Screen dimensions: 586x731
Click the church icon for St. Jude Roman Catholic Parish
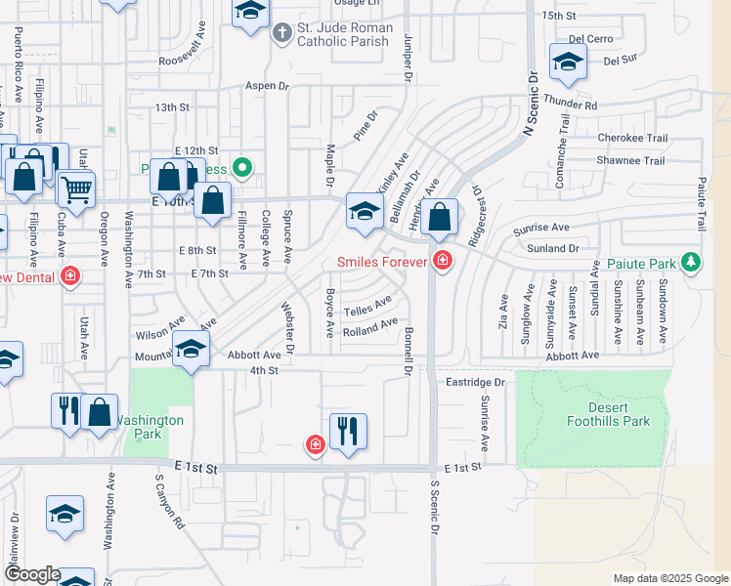281,33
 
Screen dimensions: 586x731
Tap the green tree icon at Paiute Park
692,263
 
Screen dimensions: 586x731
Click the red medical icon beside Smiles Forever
443,261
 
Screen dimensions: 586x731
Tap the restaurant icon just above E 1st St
348,430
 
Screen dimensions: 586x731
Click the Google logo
31,574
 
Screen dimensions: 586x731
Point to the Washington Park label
150,420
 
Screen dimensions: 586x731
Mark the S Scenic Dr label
432,506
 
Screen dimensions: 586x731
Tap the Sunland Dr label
552,249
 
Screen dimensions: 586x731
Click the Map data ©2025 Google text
668,578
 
